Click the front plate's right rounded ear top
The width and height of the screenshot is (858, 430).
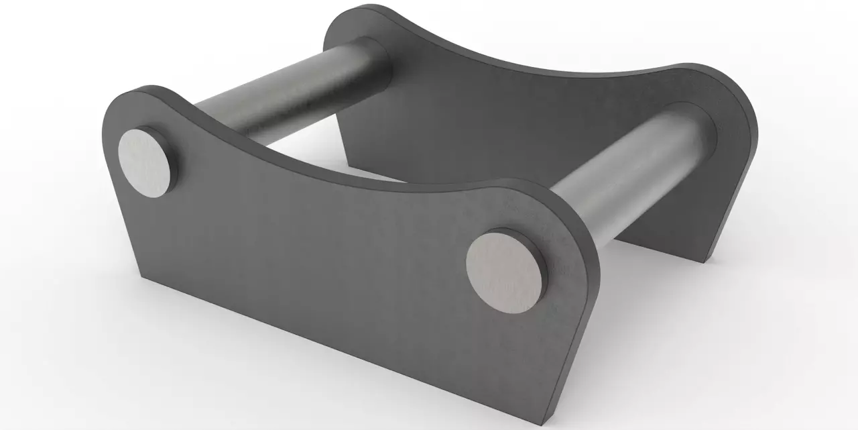(x=530, y=182)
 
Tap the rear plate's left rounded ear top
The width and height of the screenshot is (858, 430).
(x=362, y=8)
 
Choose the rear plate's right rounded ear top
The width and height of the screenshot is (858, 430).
(x=711, y=67)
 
